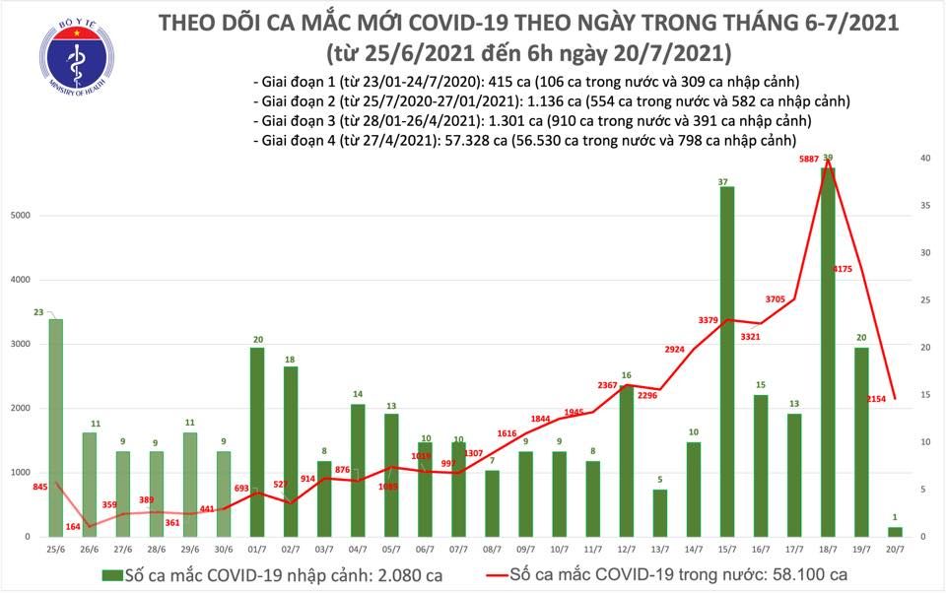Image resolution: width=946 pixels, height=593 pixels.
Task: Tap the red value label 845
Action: [x=40, y=486]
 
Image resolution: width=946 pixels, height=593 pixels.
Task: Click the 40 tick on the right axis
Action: [x=924, y=159]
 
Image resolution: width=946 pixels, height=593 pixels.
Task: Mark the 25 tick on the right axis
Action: [x=924, y=300]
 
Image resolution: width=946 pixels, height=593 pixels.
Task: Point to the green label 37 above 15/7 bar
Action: [x=726, y=181]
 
